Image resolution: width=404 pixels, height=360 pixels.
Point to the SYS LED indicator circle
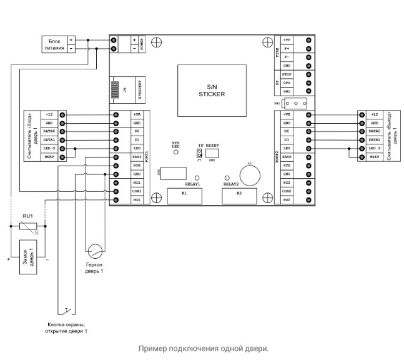coord(175,152)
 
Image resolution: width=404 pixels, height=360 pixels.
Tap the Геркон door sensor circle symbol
coord(94,251)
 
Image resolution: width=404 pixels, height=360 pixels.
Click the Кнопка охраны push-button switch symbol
coord(69,310)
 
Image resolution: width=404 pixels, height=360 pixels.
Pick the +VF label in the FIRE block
coord(287,39)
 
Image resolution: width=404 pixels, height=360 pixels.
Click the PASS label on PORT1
coord(137,157)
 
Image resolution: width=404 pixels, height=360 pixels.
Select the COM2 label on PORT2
coord(287,191)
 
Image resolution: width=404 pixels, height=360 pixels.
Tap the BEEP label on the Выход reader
coord(373,157)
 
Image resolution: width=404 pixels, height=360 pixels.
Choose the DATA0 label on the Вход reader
coord(51,132)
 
